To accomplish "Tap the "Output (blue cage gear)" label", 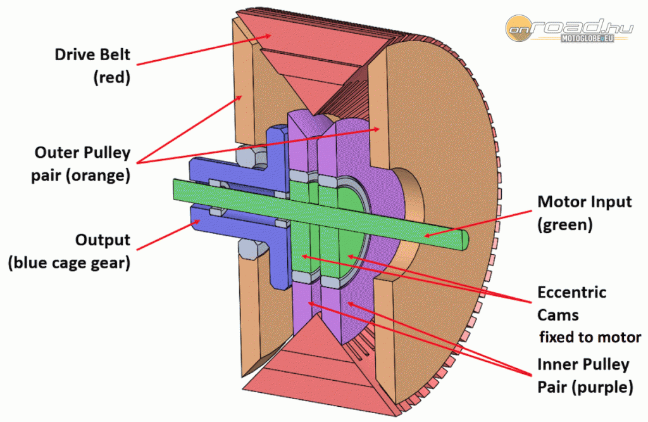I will (x=69, y=252).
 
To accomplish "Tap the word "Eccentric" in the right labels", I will (x=571, y=293).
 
